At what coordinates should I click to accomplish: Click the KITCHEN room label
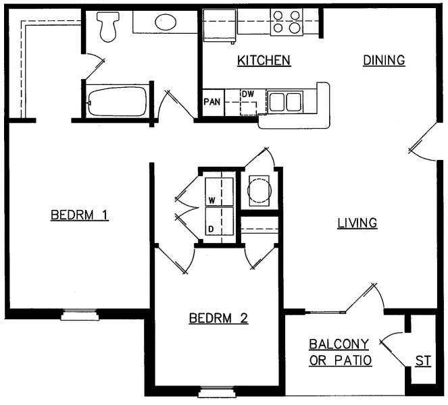point(264,61)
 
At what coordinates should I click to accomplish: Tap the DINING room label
point(384,60)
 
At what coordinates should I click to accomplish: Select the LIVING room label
point(357,223)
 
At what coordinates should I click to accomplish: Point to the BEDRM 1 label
point(80,215)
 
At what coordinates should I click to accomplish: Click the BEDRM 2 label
point(218,318)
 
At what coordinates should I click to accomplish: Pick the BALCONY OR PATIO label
point(340,352)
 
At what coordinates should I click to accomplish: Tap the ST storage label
point(423,361)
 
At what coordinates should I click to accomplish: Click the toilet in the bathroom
point(106,26)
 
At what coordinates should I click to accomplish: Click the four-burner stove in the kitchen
point(287,22)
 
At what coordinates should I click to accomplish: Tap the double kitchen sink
point(284,102)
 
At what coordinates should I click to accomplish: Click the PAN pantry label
point(211,103)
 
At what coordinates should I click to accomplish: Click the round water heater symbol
point(259,190)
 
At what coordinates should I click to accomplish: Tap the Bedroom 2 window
point(216,391)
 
